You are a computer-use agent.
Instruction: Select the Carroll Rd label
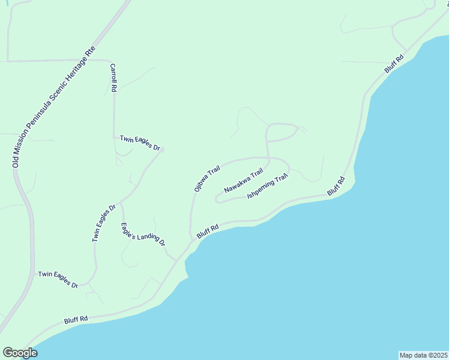click(113, 78)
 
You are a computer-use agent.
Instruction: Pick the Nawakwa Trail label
click(243, 181)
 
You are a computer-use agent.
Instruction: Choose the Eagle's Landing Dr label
click(143, 234)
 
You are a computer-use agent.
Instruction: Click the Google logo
click(20, 353)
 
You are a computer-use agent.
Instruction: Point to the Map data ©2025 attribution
click(423, 355)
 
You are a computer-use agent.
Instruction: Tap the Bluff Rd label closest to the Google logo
click(76, 319)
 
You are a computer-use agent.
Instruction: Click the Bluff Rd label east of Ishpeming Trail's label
click(336, 185)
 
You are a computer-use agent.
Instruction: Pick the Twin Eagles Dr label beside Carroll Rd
click(140, 142)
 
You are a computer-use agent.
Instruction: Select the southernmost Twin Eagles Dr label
click(58, 280)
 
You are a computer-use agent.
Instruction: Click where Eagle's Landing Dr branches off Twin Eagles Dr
click(121, 203)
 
